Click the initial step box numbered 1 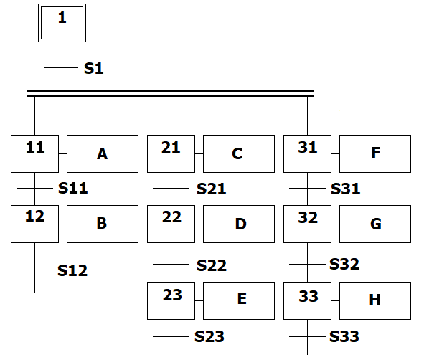coord(62,23)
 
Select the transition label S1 coord(93,68)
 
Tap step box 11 coord(35,153)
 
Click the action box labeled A coord(103,153)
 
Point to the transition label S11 coord(72,188)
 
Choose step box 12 coord(35,224)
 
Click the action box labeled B coord(103,224)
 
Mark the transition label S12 coord(72,270)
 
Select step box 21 coord(171,153)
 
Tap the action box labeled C coord(239,153)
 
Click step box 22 coord(171,224)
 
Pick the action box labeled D coord(239,224)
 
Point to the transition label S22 coord(212,265)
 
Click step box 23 coord(171,300)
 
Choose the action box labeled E coord(239,300)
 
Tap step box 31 coord(308,153)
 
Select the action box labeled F coord(375,153)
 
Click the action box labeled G coord(375,224)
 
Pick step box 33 coord(308,300)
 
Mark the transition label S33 coord(344,336)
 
